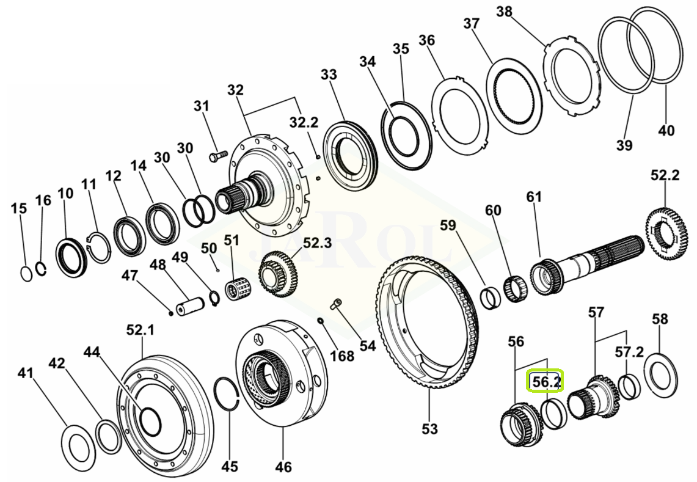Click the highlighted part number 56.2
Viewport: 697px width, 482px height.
pyautogui.click(x=546, y=382)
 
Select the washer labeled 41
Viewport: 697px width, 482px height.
pyautogui.click(x=80, y=449)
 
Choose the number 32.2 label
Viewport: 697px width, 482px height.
pyautogui.click(x=304, y=123)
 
